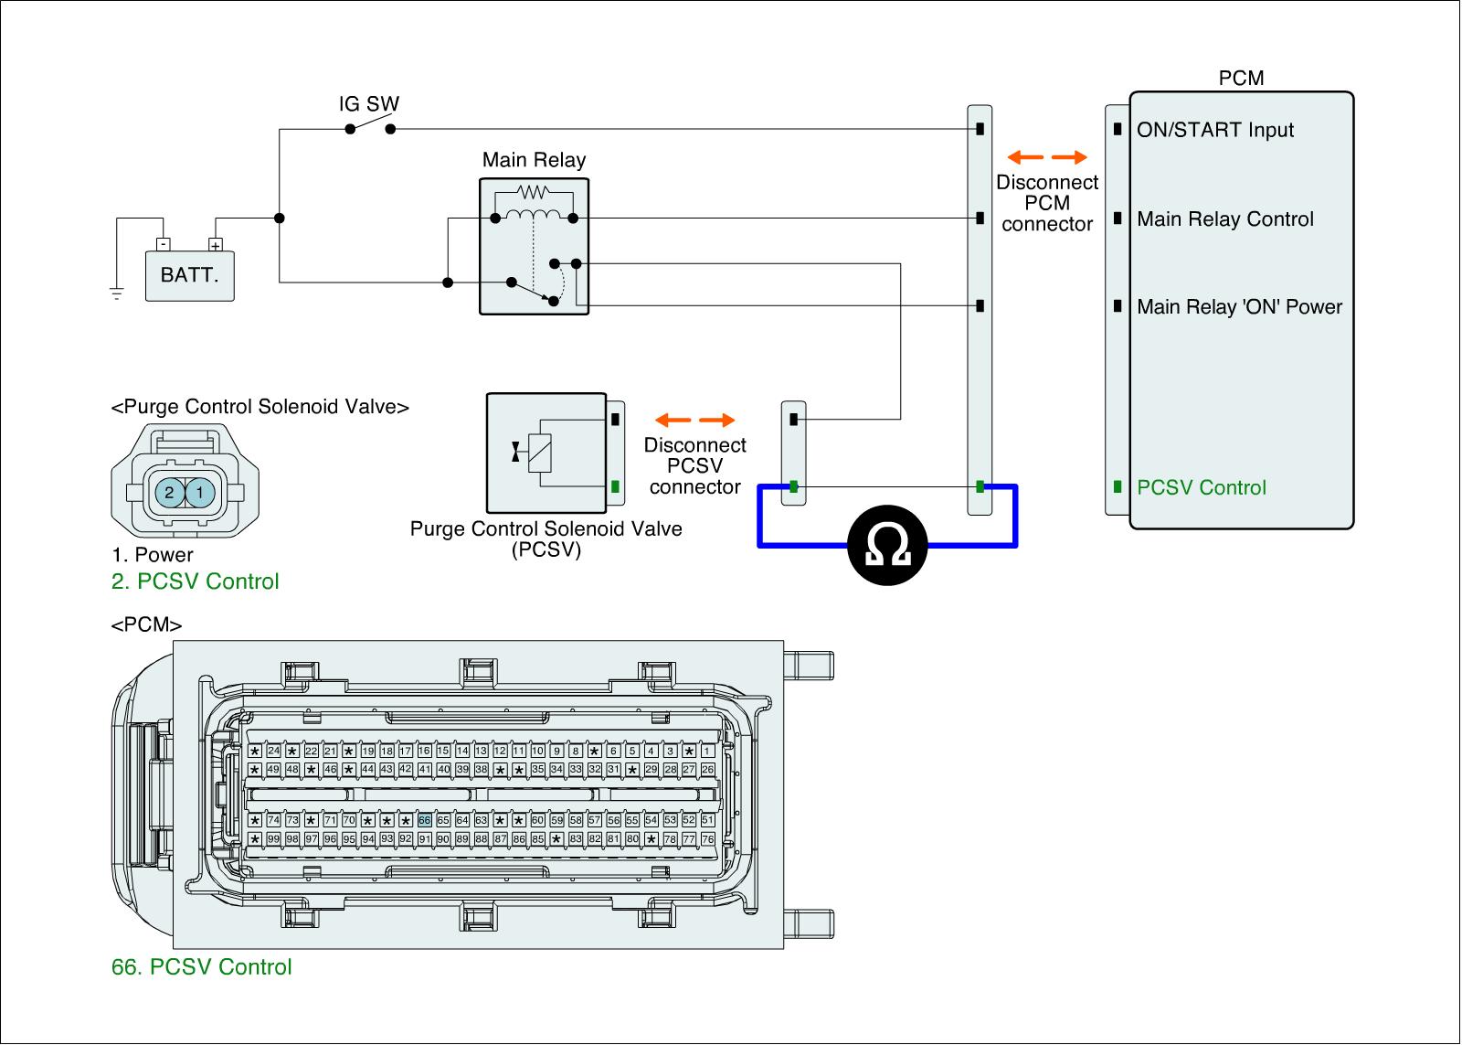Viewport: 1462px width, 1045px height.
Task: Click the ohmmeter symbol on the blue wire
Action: pos(886,546)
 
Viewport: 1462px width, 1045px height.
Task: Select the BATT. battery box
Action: pos(190,275)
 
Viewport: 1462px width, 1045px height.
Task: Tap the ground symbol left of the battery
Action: pos(116,293)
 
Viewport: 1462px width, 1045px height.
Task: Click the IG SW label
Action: pos(369,104)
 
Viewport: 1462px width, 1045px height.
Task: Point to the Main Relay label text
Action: pos(534,160)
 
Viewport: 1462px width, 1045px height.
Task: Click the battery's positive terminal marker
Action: pos(216,245)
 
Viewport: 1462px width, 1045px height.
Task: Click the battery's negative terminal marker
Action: pos(162,245)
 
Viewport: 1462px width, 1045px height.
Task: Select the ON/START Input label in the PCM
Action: pos(1215,130)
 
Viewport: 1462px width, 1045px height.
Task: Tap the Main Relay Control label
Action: pos(1225,219)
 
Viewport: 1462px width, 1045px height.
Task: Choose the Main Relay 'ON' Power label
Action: pos(1239,306)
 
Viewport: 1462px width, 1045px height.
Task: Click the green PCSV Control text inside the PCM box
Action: pos(1202,487)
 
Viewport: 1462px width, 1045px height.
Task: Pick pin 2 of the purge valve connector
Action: pos(169,493)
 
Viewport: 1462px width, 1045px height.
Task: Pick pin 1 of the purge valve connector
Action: pos(200,493)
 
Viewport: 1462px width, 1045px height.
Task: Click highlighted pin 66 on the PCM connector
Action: pos(424,820)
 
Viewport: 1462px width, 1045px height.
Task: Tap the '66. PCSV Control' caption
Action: pos(202,966)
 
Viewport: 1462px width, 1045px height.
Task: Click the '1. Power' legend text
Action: pos(153,555)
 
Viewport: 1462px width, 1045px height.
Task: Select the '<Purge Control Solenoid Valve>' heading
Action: pos(260,407)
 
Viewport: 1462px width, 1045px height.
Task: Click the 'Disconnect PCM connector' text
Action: pos(1047,203)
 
